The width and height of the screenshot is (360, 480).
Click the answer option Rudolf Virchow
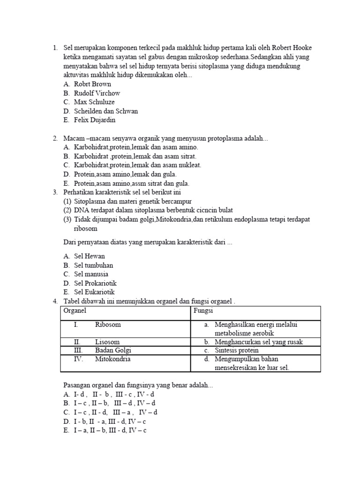point(97,93)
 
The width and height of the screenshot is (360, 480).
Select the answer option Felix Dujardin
point(94,120)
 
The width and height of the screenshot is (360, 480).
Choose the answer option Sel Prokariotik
point(95,283)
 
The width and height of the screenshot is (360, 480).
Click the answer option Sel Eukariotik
point(94,292)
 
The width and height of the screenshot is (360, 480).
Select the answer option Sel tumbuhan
point(93,265)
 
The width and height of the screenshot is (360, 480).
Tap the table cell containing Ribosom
point(108,324)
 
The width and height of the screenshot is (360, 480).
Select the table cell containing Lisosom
point(107,342)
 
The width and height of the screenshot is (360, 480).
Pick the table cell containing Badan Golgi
point(113,350)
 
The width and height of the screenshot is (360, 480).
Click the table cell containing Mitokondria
point(112,359)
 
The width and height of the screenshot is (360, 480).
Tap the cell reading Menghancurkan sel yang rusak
point(258,342)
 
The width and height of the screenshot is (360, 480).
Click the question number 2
point(55,138)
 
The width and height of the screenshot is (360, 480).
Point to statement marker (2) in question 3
point(67,210)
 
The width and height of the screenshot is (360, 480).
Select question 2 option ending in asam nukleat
point(137,165)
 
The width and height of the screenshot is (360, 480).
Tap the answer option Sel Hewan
point(89,256)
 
